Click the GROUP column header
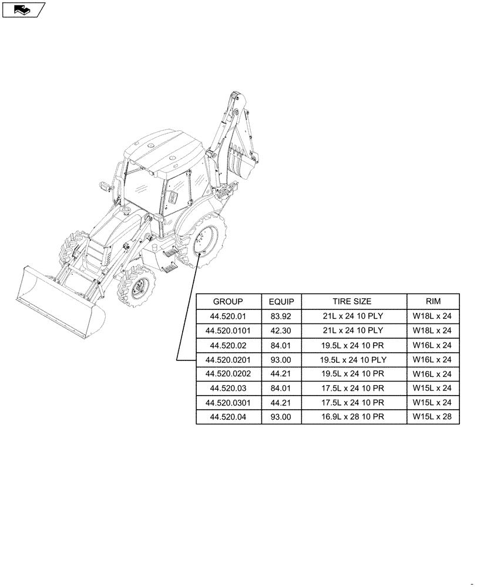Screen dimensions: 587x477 coord(228,302)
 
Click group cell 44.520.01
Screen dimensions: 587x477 coord(228,316)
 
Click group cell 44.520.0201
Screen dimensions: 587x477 coord(228,359)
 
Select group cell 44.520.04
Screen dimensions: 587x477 coord(228,417)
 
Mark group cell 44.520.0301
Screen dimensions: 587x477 coord(228,403)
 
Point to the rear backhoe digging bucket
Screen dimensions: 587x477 coord(242,167)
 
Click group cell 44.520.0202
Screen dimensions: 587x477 coord(228,374)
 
